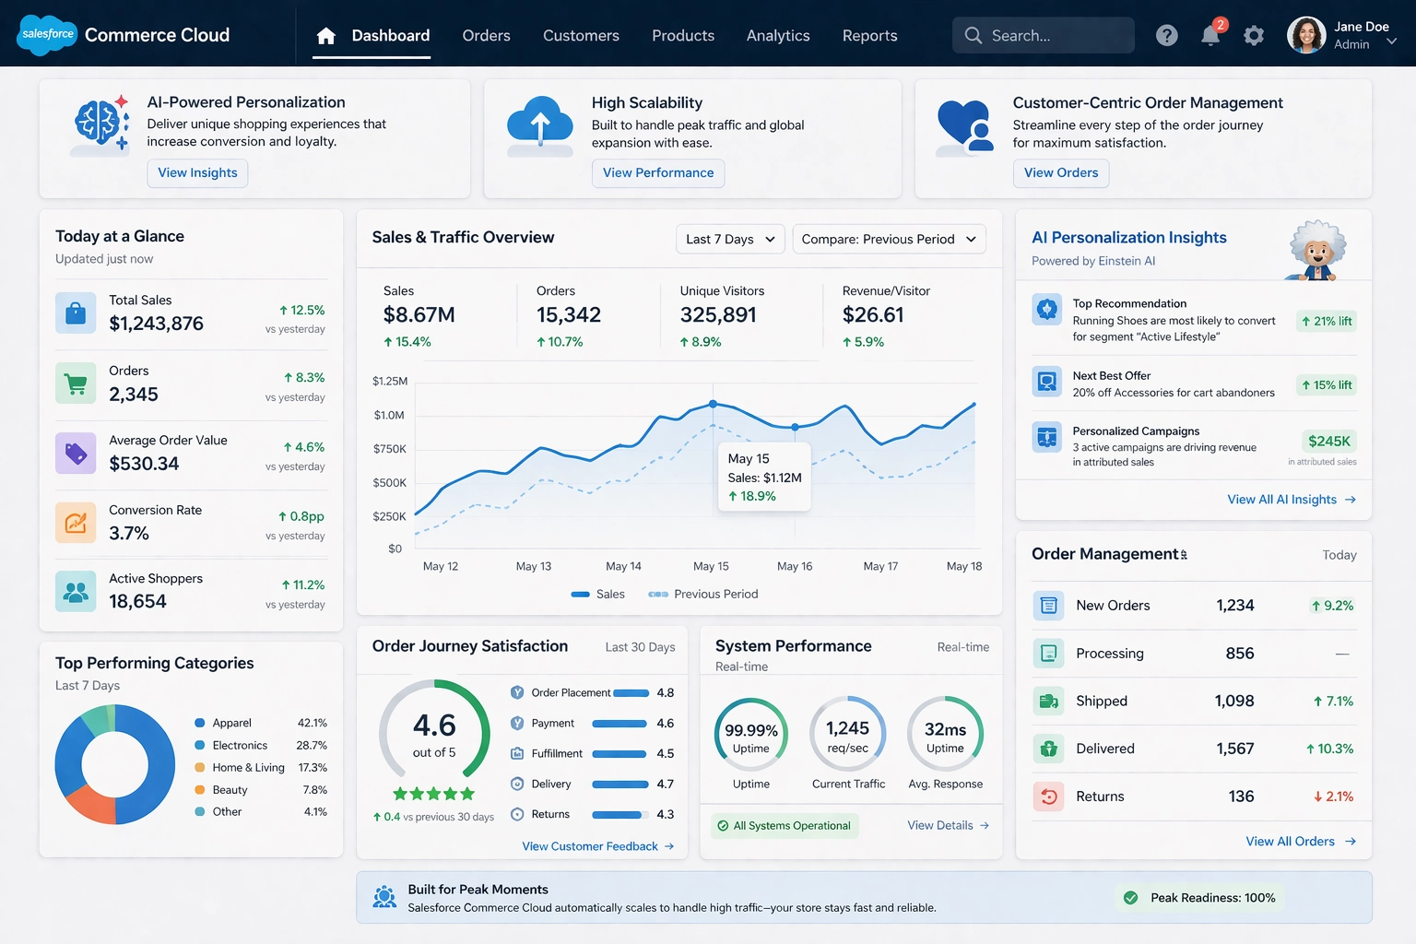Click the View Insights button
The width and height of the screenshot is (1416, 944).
(x=197, y=172)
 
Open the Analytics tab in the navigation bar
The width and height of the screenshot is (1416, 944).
(x=777, y=35)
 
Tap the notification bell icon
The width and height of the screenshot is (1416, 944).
(x=1209, y=36)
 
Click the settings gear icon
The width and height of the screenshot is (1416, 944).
(x=1253, y=36)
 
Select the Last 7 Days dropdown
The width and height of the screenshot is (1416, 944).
(x=730, y=239)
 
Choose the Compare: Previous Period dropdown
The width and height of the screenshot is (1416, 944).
(x=888, y=239)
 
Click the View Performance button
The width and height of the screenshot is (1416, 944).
(x=657, y=172)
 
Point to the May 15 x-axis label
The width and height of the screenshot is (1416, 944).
(x=710, y=566)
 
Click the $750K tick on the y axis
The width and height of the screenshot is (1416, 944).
(x=389, y=449)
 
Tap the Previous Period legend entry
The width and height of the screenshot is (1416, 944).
(x=705, y=594)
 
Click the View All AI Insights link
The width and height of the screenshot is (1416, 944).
(x=1290, y=499)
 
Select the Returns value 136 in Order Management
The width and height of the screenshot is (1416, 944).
(x=1241, y=796)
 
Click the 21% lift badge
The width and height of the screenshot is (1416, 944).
(x=1327, y=321)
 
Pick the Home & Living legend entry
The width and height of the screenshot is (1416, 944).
(x=247, y=767)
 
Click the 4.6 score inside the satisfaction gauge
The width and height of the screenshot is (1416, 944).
(x=434, y=726)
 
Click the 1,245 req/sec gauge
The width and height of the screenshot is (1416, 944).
(x=847, y=735)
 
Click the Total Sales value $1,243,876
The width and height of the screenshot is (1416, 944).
(x=156, y=324)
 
